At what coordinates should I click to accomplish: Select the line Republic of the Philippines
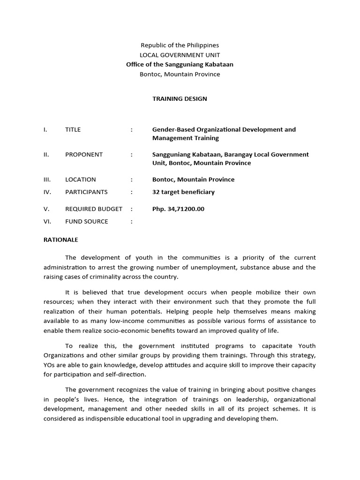pos(180,45)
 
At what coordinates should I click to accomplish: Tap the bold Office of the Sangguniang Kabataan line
pos(180,65)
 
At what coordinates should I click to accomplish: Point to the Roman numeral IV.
pos(46,192)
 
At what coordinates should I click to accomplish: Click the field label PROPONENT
pos(84,155)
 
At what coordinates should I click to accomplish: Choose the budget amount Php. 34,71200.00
pos(178,209)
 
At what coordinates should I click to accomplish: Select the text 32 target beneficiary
pos(183,192)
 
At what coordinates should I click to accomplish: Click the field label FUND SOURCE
pos(86,222)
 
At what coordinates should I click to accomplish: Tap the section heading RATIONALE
pos(61,240)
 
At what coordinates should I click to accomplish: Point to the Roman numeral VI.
pos(46,222)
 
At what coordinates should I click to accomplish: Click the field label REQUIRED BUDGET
pos(94,209)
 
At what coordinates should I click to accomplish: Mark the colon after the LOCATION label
pos(132,180)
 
